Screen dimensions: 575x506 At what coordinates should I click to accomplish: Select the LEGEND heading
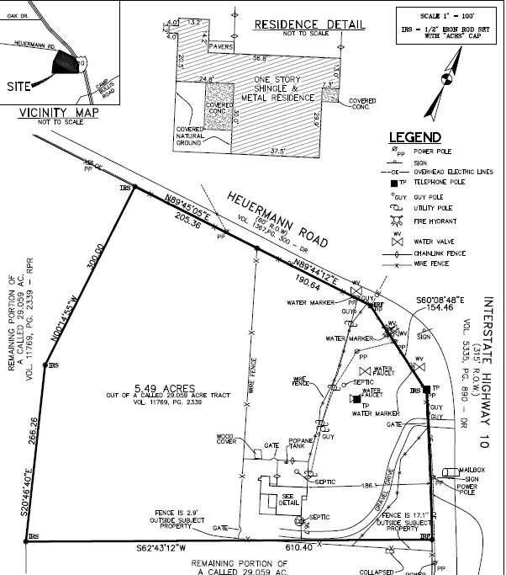pyautogui.click(x=414, y=137)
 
